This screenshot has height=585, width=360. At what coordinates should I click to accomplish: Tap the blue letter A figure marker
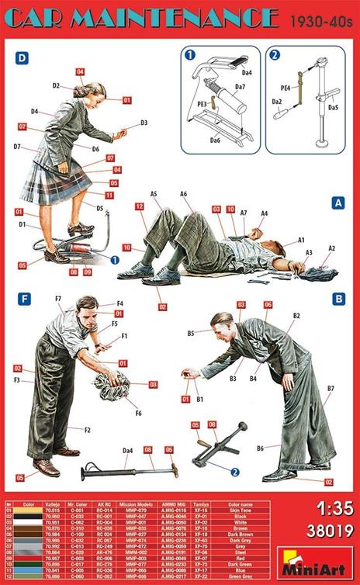point(337,202)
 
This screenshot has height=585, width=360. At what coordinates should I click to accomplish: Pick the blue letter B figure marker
point(337,296)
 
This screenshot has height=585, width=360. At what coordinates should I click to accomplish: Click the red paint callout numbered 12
point(139,206)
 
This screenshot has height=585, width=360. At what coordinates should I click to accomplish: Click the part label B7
point(331,388)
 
